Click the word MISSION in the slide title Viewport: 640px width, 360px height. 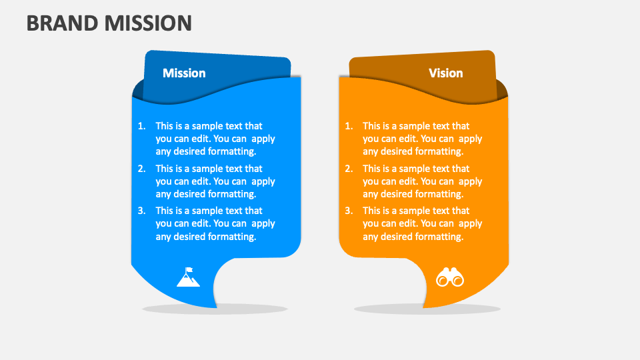click(148, 23)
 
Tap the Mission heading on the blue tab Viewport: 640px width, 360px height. click(184, 73)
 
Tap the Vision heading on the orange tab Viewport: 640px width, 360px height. click(445, 73)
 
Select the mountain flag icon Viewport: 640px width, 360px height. click(188, 277)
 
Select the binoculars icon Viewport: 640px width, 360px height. click(449, 277)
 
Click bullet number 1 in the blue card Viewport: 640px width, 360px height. click(141, 126)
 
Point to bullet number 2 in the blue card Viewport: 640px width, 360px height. click(141, 169)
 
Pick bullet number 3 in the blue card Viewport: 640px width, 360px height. click(141, 211)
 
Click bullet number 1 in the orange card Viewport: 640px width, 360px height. click(349, 126)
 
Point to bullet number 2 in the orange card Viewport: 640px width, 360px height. click(349, 169)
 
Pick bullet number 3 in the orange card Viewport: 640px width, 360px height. click(349, 211)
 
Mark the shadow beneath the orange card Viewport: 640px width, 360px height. click(427, 309)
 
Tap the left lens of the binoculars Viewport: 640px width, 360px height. click(442, 280)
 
